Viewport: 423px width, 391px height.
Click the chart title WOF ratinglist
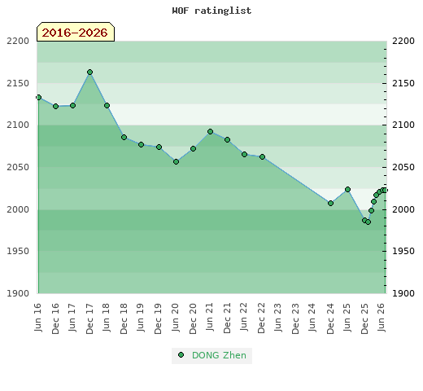tap(211, 11)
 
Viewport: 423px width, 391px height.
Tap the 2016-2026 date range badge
tap(76, 32)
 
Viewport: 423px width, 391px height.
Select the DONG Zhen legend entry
tap(211, 355)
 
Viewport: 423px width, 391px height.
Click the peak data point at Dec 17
tap(90, 72)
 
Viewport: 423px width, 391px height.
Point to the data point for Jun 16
tap(38, 98)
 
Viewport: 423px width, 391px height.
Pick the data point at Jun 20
tap(176, 162)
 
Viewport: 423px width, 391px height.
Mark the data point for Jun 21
tap(210, 132)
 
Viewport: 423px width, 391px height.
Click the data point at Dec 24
tap(330, 203)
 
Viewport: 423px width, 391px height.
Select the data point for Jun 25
tap(347, 189)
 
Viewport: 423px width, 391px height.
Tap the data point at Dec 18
tap(124, 138)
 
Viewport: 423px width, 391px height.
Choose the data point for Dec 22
tap(262, 157)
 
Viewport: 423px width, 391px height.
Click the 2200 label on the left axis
tap(18, 41)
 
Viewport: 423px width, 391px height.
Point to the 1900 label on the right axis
tap(403, 293)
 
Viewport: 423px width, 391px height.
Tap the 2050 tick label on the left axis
tap(18, 167)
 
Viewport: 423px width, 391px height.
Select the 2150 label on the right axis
tap(403, 83)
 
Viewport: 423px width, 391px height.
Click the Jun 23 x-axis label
tap(278, 318)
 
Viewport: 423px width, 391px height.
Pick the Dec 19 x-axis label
tap(158, 319)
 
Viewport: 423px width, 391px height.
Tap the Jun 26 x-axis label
tap(382, 318)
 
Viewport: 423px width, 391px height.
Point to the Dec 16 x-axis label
tap(55, 319)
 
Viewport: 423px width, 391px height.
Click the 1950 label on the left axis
tap(18, 251)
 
